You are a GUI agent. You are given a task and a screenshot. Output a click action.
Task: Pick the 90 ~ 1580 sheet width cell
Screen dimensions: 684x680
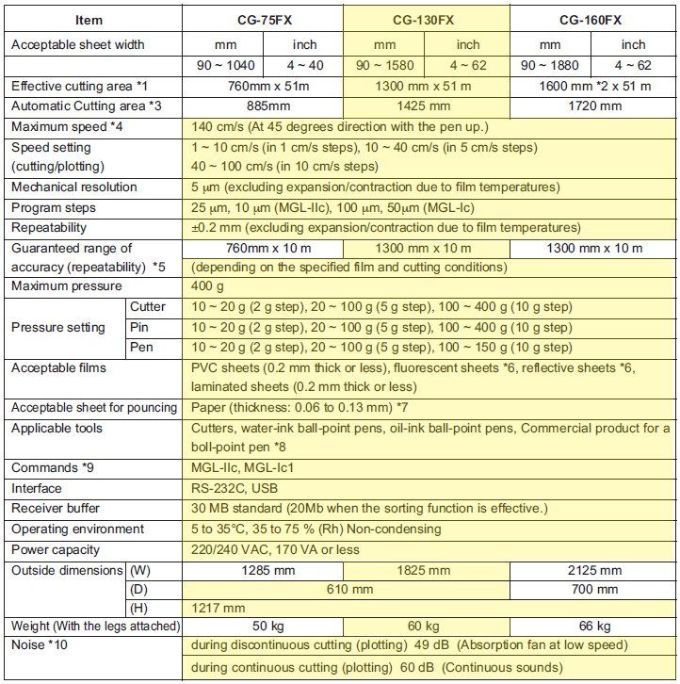click(x=384, y=65)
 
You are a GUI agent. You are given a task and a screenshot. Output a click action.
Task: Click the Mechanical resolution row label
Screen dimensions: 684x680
click(x=74, y=187)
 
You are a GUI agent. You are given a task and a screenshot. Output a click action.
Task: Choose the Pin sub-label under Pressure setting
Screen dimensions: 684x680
click(x=140, y=327)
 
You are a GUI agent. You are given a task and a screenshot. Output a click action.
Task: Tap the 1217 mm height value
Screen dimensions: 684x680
click(x=219, y=609)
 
